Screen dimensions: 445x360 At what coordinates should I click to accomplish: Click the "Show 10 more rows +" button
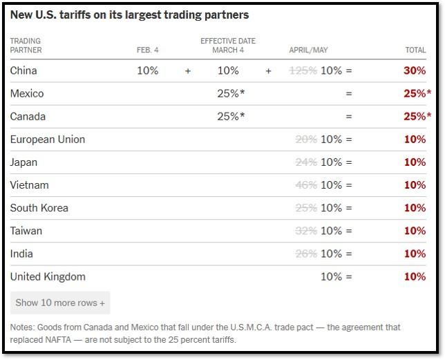(x=60, y=303)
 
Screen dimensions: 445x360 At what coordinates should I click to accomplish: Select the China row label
(x=23, y=70)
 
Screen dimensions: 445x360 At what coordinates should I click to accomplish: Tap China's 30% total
(x=415, y=70)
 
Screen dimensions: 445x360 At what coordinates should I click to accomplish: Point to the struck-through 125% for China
(x=303, y=70)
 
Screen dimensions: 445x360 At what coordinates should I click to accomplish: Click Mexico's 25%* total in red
(x=417, y=93)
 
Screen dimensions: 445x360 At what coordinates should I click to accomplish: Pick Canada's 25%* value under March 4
(x=231, y=116)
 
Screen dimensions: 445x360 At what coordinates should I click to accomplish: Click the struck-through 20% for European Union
(x=306, y=140)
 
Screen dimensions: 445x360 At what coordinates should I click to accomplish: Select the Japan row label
(x=23, y=162)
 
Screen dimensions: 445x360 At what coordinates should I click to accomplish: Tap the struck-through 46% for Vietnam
(x=306, y=185)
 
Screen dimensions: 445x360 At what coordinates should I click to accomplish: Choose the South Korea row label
(x=39, y=208)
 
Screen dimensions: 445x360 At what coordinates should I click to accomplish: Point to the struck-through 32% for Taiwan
(x=306, y=231)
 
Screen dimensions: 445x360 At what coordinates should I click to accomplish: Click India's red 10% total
(x=415, y=254)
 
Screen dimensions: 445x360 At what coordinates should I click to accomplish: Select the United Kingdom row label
(x=48, y=276)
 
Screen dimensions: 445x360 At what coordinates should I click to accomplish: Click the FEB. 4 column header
(x=148, y=50)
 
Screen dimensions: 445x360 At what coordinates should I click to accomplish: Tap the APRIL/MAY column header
(x=308, y=50)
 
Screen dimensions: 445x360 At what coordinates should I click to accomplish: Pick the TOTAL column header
(x=415, y=50)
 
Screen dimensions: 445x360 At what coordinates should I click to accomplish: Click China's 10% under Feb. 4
(x=148, y=70)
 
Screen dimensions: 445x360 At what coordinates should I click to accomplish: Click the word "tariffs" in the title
(x=75, y=15)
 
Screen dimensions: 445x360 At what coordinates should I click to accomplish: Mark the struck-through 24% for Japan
(x=306, y=162)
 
